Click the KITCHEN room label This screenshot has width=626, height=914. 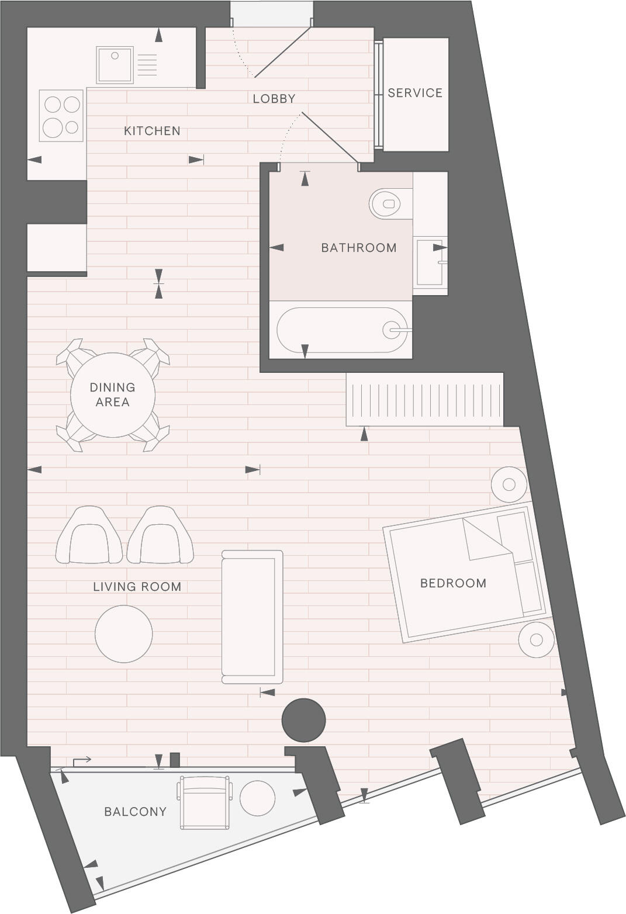click(152, 131)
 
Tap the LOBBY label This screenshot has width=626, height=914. click(274, 99)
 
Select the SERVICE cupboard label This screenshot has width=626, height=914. click(415, 93)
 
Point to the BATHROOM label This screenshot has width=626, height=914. click(358, 248)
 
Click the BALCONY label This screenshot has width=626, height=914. click(135, 811)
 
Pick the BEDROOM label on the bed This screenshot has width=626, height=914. click(453, 583)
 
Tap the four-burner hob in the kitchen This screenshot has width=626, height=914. click(61, 116)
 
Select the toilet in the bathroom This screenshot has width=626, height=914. click(386, 204)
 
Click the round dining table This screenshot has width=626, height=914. click(113, 394)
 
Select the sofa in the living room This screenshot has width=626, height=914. click(252, 617)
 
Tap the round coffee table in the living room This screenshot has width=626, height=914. click(124, 634)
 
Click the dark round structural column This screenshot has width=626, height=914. click(303, 721)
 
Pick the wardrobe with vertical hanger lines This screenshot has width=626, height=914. click(424, 400)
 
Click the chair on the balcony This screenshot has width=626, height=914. click(205, 802)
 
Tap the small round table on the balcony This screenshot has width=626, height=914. click(257, 798)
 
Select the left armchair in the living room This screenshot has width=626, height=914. click(89, 536)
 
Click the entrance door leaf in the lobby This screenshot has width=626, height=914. click(282, 51)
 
